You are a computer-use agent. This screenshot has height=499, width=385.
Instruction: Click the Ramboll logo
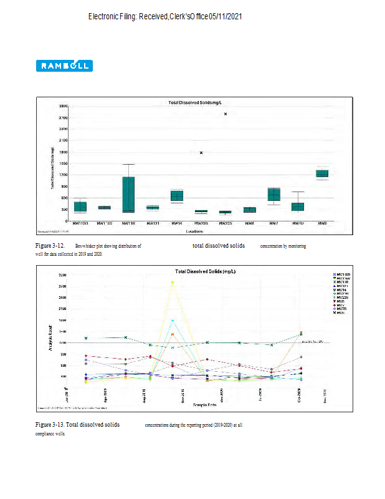pyautogui.click(x=65, y=65)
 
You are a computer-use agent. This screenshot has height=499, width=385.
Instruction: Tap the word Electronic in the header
pyautogui.click(x=108, y=16)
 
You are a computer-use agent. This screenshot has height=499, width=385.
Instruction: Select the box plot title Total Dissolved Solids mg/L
pyautogui.click(x=196, y=102)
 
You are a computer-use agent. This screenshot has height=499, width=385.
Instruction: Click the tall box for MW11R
pyautogui.click(x=128, y=195)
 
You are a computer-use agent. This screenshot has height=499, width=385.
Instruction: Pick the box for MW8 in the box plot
pyautogui.click(x=322, y=173)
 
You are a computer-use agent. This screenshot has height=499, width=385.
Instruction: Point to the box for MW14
pyautogui.click(x=177, y=196)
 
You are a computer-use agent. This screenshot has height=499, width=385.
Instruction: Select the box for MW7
pyautogui.click(x=274, y=195)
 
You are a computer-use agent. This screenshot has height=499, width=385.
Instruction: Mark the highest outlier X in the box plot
pyautogui.click(x=226, y=114)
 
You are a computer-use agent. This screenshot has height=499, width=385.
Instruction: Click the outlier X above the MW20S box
pyautogui.click(x=201, y=153)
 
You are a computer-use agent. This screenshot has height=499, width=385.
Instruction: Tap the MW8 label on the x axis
pyautogui.click(x=322, y=223)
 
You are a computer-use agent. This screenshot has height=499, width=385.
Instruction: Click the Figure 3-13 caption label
pyautogui.click(x=49, y=424)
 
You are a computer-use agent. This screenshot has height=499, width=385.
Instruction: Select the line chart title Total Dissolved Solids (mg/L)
pyautogui.click(x=205, y=272)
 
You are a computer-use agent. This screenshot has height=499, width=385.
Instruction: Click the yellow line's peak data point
pyautogui.click(x=173, y=283)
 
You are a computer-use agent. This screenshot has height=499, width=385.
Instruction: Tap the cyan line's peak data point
pyautogui.click(x=173, y=321)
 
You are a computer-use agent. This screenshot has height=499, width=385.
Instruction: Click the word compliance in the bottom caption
pyautogui.click(x=45, y=432)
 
